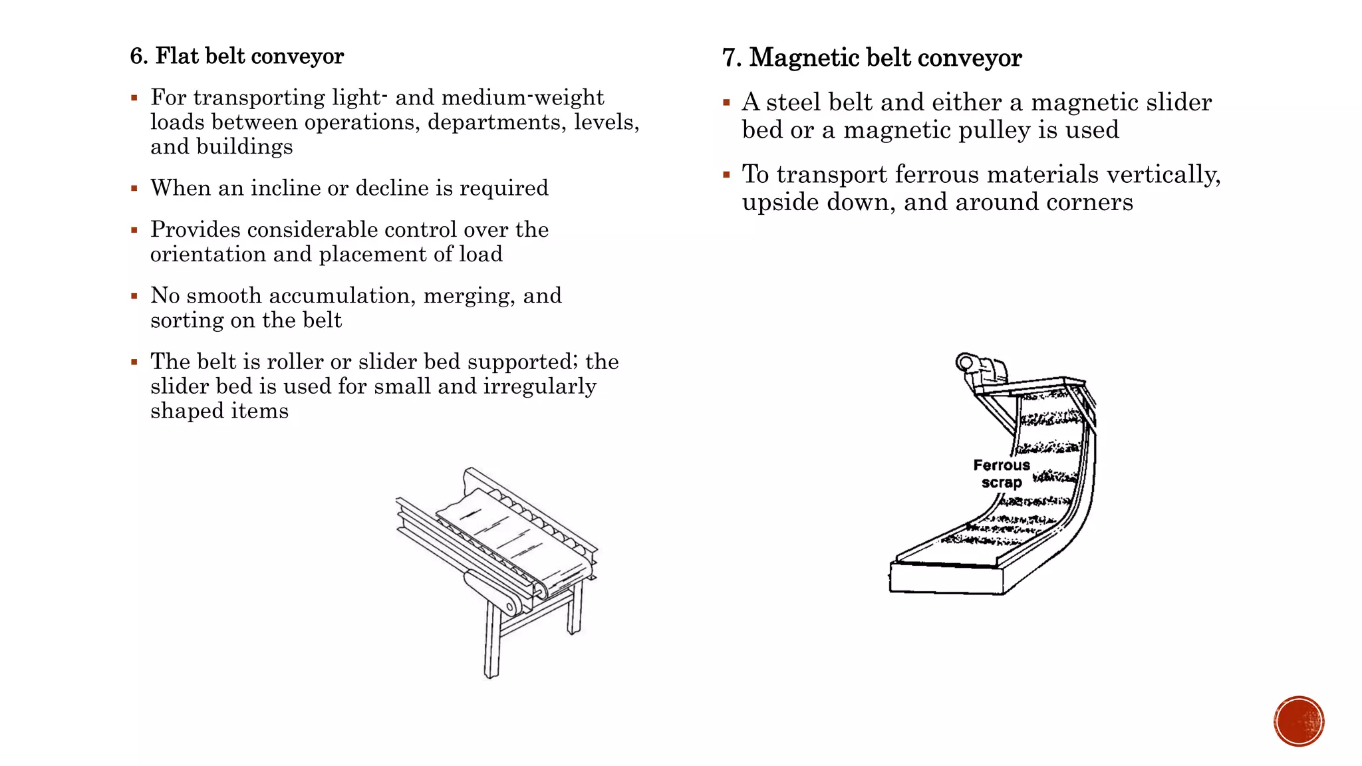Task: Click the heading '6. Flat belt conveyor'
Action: tap(237, 57)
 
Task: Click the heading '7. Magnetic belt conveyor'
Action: tap(872, 59)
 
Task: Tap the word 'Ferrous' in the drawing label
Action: tap(1001, 465)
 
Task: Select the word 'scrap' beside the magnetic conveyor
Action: tap(1001, 483)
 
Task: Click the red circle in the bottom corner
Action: tap(1299, 721)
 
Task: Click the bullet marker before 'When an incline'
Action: tap(134, 189)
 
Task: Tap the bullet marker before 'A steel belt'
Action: tap(726, 103)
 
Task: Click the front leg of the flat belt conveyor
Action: tap(492, 638)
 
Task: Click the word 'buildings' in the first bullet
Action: tap(257, 147)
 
